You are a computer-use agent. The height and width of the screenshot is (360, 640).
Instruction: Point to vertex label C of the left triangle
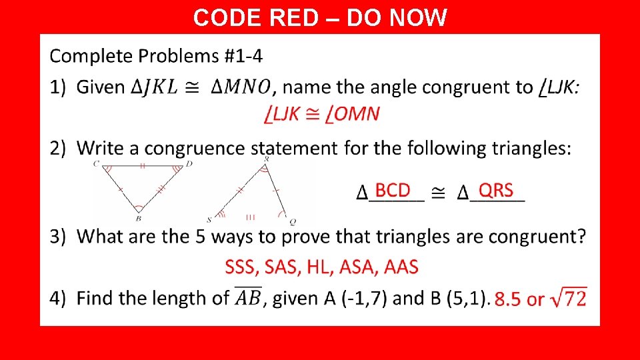(x=97, y=163)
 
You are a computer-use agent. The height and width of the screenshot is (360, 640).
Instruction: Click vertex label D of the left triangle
(x=189, y=163)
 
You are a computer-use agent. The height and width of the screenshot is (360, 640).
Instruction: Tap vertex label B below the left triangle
(x=138, y=218)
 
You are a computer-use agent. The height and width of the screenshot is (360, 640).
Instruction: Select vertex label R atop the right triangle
(x=267, y=159)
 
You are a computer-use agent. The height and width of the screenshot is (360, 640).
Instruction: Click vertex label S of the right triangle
(x=209, y=219)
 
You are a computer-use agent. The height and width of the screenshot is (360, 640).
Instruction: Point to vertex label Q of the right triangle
(x=292, y=221)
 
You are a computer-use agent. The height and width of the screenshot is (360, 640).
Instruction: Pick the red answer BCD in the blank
(x=393, y=191)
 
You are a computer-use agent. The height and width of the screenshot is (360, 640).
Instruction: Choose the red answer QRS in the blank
(x=496, y=191)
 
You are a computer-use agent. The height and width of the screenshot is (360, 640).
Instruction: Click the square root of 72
(x=569, y=297)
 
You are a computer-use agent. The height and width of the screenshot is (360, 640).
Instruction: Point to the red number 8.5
(x=508, y=299)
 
